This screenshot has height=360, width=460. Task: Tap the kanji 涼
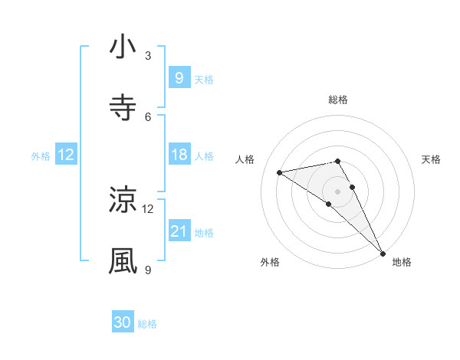pos(123,200)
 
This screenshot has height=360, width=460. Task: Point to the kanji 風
pos(123,260)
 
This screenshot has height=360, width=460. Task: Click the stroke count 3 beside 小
pos(148,56)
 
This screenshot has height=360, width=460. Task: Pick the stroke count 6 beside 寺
pos(148,116)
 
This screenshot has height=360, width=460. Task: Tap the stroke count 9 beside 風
pos(148,270)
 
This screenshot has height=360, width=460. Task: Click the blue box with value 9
pos(179,77)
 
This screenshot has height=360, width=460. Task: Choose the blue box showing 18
pos(179,155)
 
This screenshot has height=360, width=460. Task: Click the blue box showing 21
pos(179,231)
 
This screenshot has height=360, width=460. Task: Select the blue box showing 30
pos(123,323)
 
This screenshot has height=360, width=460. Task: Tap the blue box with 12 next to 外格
pos(66,155)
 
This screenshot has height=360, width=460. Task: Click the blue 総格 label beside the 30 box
pos(147,324)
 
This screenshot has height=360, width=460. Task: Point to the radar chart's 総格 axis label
pos(338,100)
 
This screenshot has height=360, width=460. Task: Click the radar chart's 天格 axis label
pos(432,159)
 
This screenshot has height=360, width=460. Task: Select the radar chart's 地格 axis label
pos(402,262)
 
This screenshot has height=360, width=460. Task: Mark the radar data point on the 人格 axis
pos(280,172)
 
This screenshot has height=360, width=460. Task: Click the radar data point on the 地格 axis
pos(383,253)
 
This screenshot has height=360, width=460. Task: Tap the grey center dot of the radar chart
pos(338,190)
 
